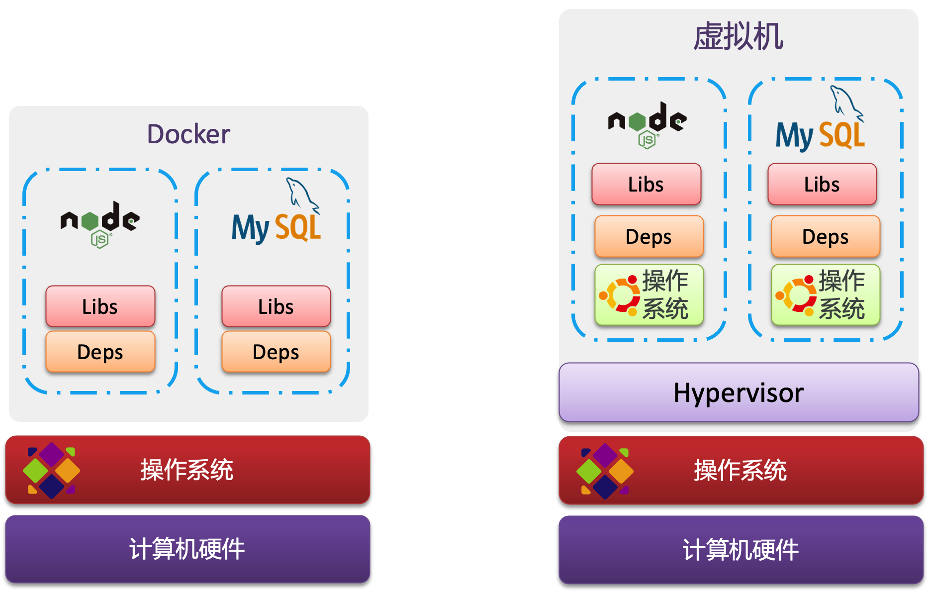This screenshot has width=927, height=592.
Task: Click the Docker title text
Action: click(188, 134)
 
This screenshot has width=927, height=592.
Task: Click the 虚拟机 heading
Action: click(739, 36)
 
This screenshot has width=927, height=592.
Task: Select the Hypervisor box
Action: click(739, 393)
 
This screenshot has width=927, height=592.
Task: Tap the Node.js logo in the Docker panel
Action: click(100, 224)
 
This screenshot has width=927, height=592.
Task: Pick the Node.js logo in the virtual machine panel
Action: click(647, 124)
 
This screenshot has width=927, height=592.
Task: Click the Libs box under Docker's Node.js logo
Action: click(100, 306)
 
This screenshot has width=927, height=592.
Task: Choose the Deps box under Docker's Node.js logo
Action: click(100, 352)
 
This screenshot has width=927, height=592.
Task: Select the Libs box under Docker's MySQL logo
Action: click(276, 306)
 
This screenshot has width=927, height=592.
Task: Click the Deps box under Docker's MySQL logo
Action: click(276, 352)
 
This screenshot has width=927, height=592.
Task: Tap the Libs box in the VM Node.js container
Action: click(646, 184)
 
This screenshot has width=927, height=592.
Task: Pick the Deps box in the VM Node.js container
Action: click(649, 236)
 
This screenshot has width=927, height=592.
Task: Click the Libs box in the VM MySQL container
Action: click(822, 184)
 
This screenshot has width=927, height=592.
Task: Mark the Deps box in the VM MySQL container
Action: click(826, 237)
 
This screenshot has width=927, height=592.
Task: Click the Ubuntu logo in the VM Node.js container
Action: click(620, 295)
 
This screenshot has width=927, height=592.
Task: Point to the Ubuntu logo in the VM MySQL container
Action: click(796, 295)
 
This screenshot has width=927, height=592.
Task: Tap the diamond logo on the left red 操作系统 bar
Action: click(51, 470)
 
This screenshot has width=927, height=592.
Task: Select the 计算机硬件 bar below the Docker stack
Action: click(187, 549)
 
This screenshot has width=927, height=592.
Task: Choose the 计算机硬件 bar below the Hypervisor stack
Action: click(741, 550)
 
